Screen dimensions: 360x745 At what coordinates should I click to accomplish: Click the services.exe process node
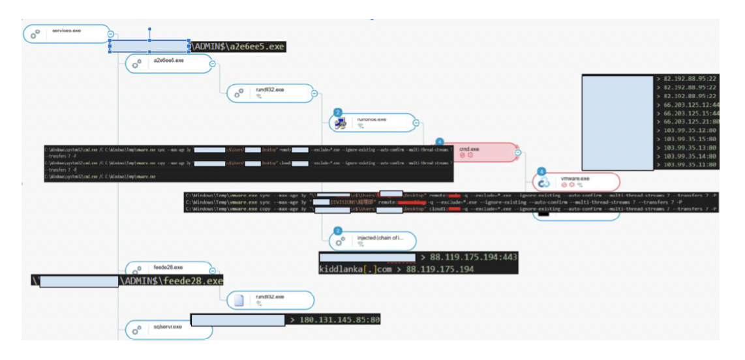[x=66, y=33]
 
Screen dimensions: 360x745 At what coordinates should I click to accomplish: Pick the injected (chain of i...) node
[x=371, y=240]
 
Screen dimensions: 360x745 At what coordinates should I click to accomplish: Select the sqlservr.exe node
[x=168, y=328]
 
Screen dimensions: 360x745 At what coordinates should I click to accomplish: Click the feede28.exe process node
[x=168, y=269]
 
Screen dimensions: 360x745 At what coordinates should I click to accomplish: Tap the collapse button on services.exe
[x=110, y=34]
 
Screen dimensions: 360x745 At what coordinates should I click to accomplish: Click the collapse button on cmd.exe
[x=518, y=153]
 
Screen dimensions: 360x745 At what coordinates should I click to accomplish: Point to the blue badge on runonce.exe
[x=338, y=113]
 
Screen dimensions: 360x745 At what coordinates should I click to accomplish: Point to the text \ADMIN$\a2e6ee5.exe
[x=238, y=47]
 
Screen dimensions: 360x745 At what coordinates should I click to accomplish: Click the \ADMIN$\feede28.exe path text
[x=171, y=280]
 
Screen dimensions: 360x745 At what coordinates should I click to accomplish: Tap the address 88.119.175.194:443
[x=473, y=257]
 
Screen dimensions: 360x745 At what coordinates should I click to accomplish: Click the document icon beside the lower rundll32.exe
[x=239, y=300]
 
